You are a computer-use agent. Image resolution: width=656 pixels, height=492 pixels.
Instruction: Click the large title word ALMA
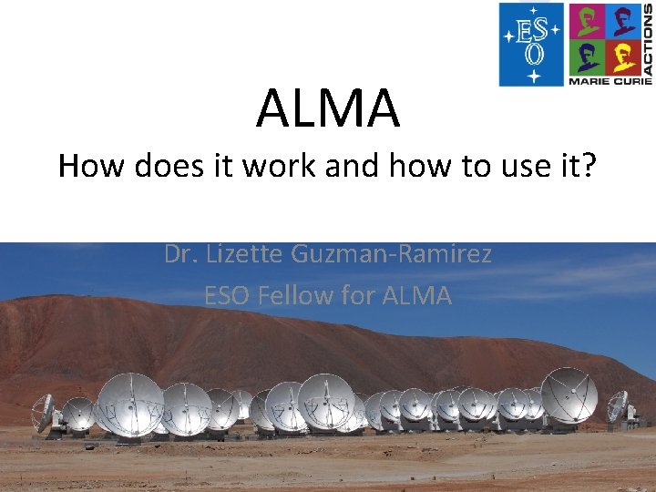point(327,108)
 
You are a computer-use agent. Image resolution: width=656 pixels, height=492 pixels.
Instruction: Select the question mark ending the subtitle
point(587,166)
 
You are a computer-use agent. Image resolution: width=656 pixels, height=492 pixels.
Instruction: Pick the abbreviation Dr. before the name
point(181,253)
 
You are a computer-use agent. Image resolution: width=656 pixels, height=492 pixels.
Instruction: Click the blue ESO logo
point(531,44)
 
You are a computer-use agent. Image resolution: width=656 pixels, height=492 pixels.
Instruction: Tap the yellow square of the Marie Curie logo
point(624,57)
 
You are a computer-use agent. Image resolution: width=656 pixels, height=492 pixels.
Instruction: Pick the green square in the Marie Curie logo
point(586,57)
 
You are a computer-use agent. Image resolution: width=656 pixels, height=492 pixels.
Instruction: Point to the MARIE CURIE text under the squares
point(604,81)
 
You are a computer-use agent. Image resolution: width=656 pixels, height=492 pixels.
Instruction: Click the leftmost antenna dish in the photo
point(43,413)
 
